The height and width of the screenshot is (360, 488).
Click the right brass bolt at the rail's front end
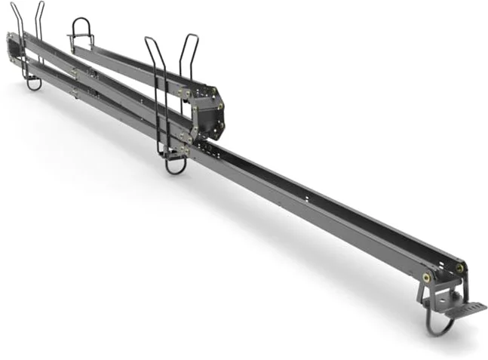(x=459, y=267)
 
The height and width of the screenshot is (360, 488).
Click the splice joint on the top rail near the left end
(x=75, y=71)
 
